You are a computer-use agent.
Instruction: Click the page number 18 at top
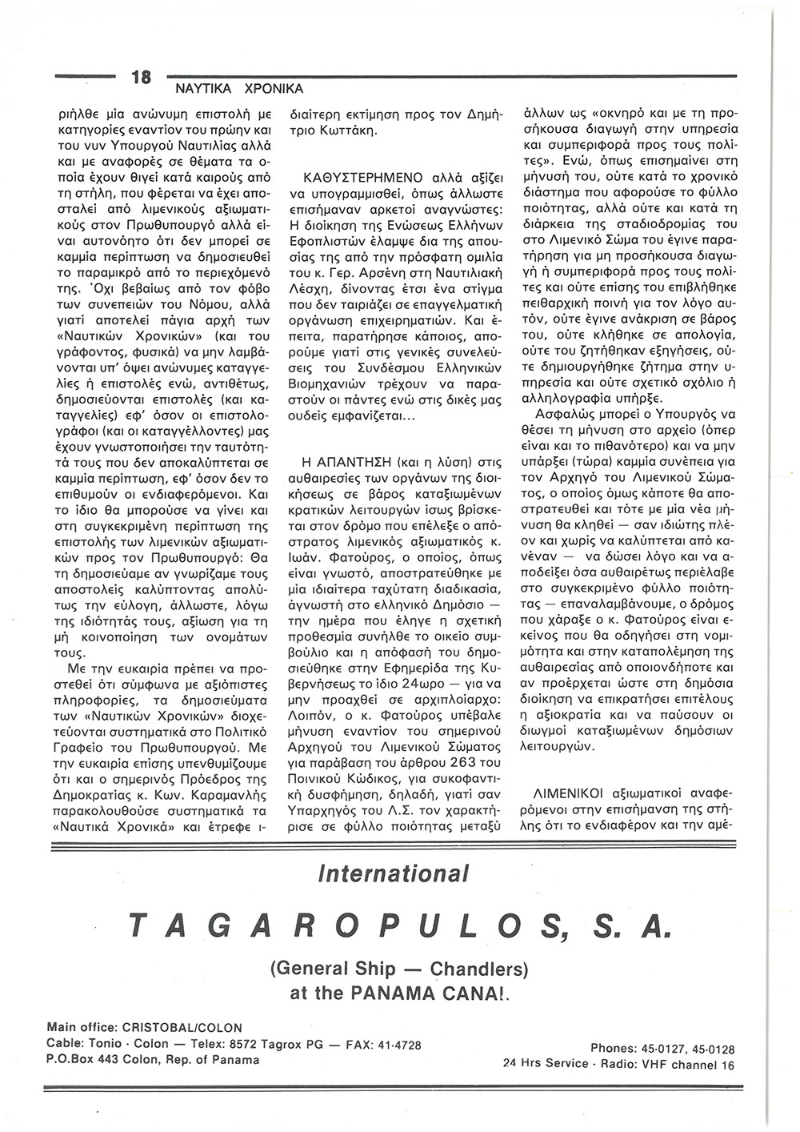pyautogui.click(x=142, y=78)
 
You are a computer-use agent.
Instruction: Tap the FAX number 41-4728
pyautogui.click(x=395, y=1044)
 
